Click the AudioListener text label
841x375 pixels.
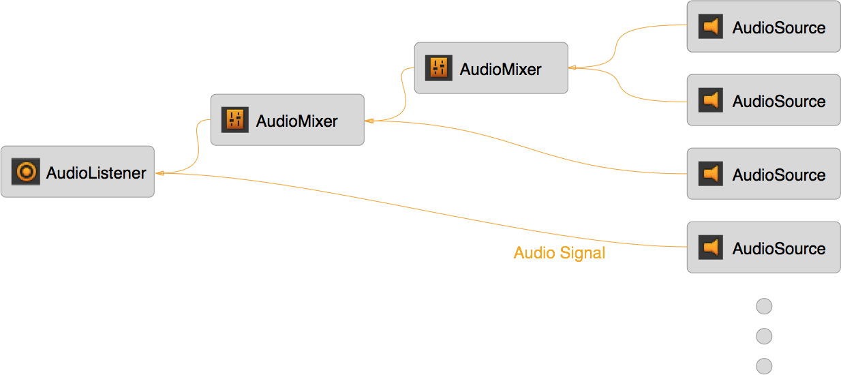tap(96, 173)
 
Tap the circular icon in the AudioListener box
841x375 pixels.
tap(26, 172)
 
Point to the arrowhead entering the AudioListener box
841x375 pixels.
tap(159, 173)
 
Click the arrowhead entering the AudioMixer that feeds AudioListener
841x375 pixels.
tap(369, 121)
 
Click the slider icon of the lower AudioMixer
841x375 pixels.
tap(235, 120)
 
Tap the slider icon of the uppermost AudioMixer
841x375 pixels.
tap(439, 68)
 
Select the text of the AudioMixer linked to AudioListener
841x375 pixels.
tap(297, 121)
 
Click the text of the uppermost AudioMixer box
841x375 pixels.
tap(501, 70)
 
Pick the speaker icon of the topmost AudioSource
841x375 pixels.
tap(711, 27)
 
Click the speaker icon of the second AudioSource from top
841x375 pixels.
tap(711, 100)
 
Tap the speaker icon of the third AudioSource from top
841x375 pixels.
tap(711, 174)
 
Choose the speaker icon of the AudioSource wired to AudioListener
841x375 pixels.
tap(711, 247)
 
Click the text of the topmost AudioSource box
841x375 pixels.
tap(779, 28)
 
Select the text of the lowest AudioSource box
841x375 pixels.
tap(779, 249)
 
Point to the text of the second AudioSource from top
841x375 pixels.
tap(779, 102)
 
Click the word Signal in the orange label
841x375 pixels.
tap(582, 254)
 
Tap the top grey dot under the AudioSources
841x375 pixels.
tap(764, 307)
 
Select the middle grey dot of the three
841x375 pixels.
tap(764, 336)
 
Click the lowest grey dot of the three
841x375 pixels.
tap(764, 365)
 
